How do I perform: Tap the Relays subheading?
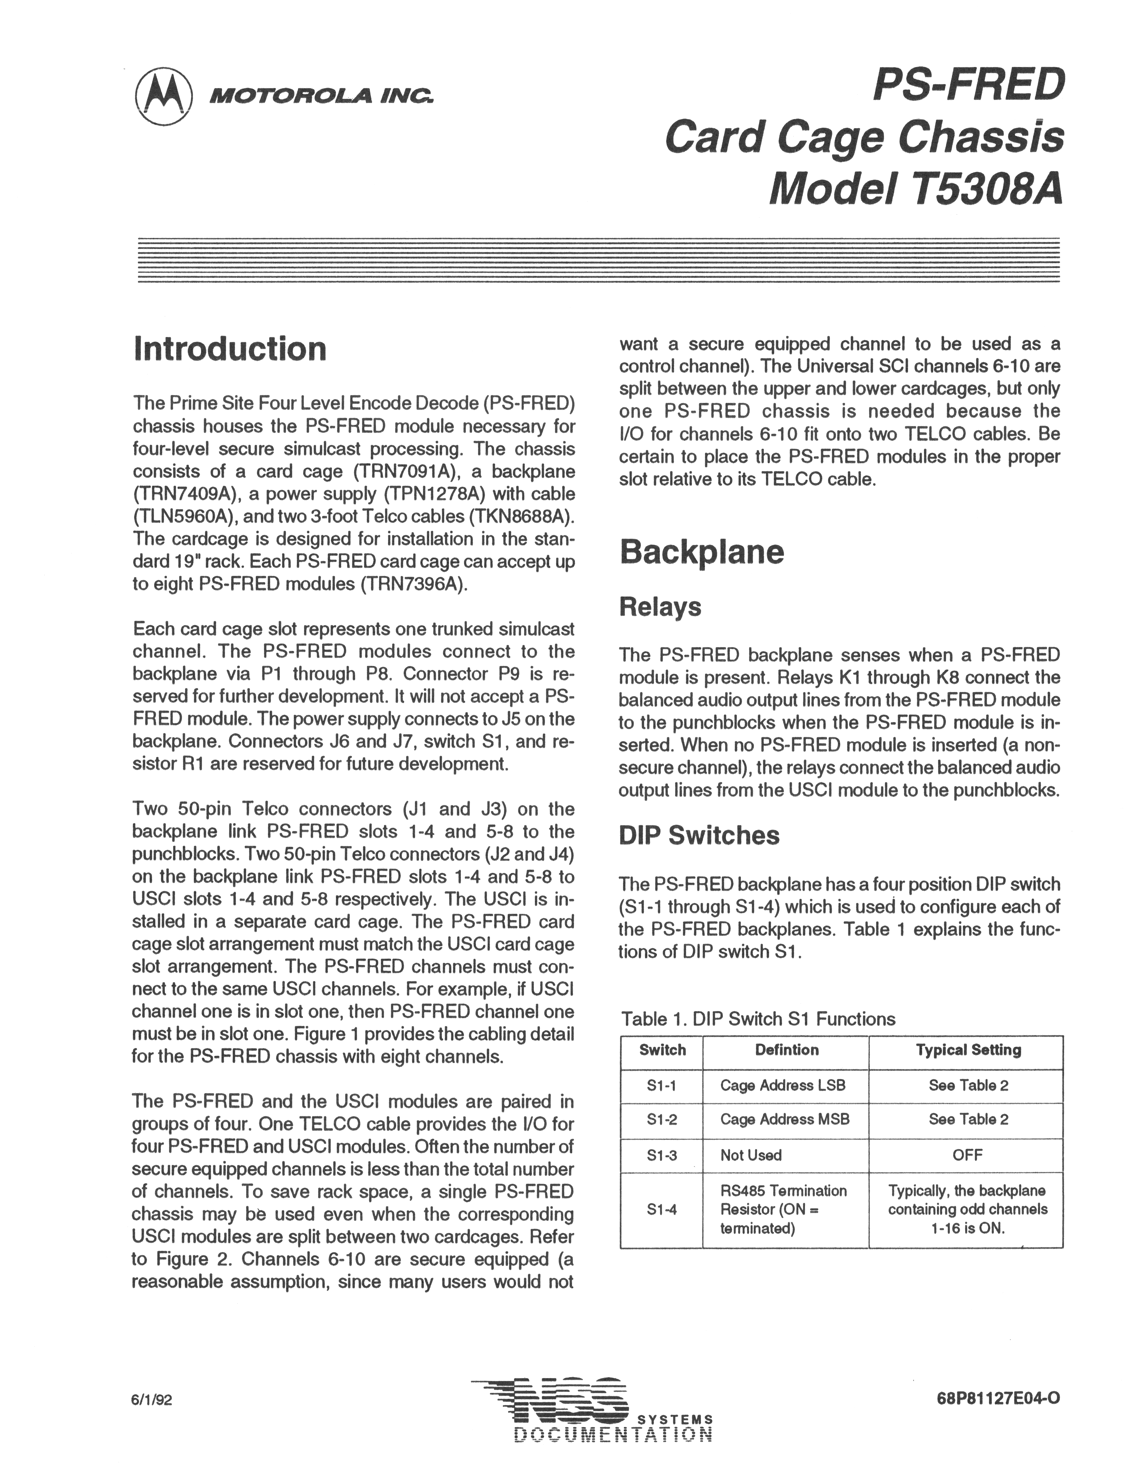click(660, 606)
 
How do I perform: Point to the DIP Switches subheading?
click(699, 835)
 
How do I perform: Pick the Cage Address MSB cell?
click(785, 1119)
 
